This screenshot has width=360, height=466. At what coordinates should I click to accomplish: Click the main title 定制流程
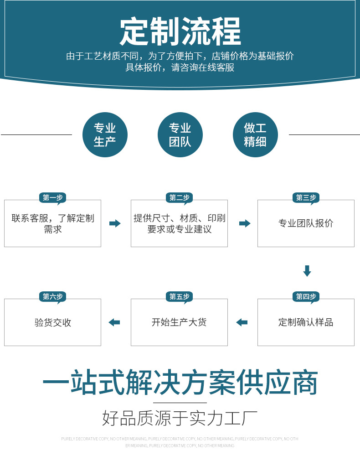tap(180, 31)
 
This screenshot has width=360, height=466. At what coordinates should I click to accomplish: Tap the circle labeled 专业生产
tap(105, 135)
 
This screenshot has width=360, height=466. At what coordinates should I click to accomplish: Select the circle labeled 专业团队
tap(180, 135)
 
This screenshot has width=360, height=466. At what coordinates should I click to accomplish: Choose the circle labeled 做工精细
tap(255, 135)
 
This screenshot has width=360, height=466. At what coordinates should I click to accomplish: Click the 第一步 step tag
tap(52, 198)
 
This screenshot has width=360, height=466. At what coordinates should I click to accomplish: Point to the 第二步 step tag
tap(180, 198)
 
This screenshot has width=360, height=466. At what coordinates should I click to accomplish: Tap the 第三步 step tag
tap(306, 198)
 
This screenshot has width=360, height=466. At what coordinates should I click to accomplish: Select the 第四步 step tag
tap(306, 297)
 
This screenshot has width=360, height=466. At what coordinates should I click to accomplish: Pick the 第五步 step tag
tap(180, 297)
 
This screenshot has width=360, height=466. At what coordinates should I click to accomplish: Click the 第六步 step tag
tap(52, 297)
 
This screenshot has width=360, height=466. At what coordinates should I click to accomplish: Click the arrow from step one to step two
tap(115, 223)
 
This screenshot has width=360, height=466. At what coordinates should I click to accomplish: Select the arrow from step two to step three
tap(245, 223)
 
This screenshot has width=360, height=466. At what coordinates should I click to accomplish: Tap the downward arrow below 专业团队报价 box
tap(307, 271)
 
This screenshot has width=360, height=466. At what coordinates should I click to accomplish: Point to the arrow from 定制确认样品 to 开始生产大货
tap(242, 322)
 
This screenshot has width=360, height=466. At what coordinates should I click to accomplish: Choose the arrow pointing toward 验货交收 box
tap(114, 322)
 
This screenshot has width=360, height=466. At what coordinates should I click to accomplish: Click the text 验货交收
tap(53, 322)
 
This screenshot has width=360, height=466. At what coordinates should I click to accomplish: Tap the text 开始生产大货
tap(179, 322)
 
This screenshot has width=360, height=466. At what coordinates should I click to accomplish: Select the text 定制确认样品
tap(306, 322)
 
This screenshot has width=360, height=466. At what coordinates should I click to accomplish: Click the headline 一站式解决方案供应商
tap(180, 382)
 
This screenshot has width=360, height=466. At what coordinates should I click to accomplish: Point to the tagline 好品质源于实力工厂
tap(180, 418)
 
